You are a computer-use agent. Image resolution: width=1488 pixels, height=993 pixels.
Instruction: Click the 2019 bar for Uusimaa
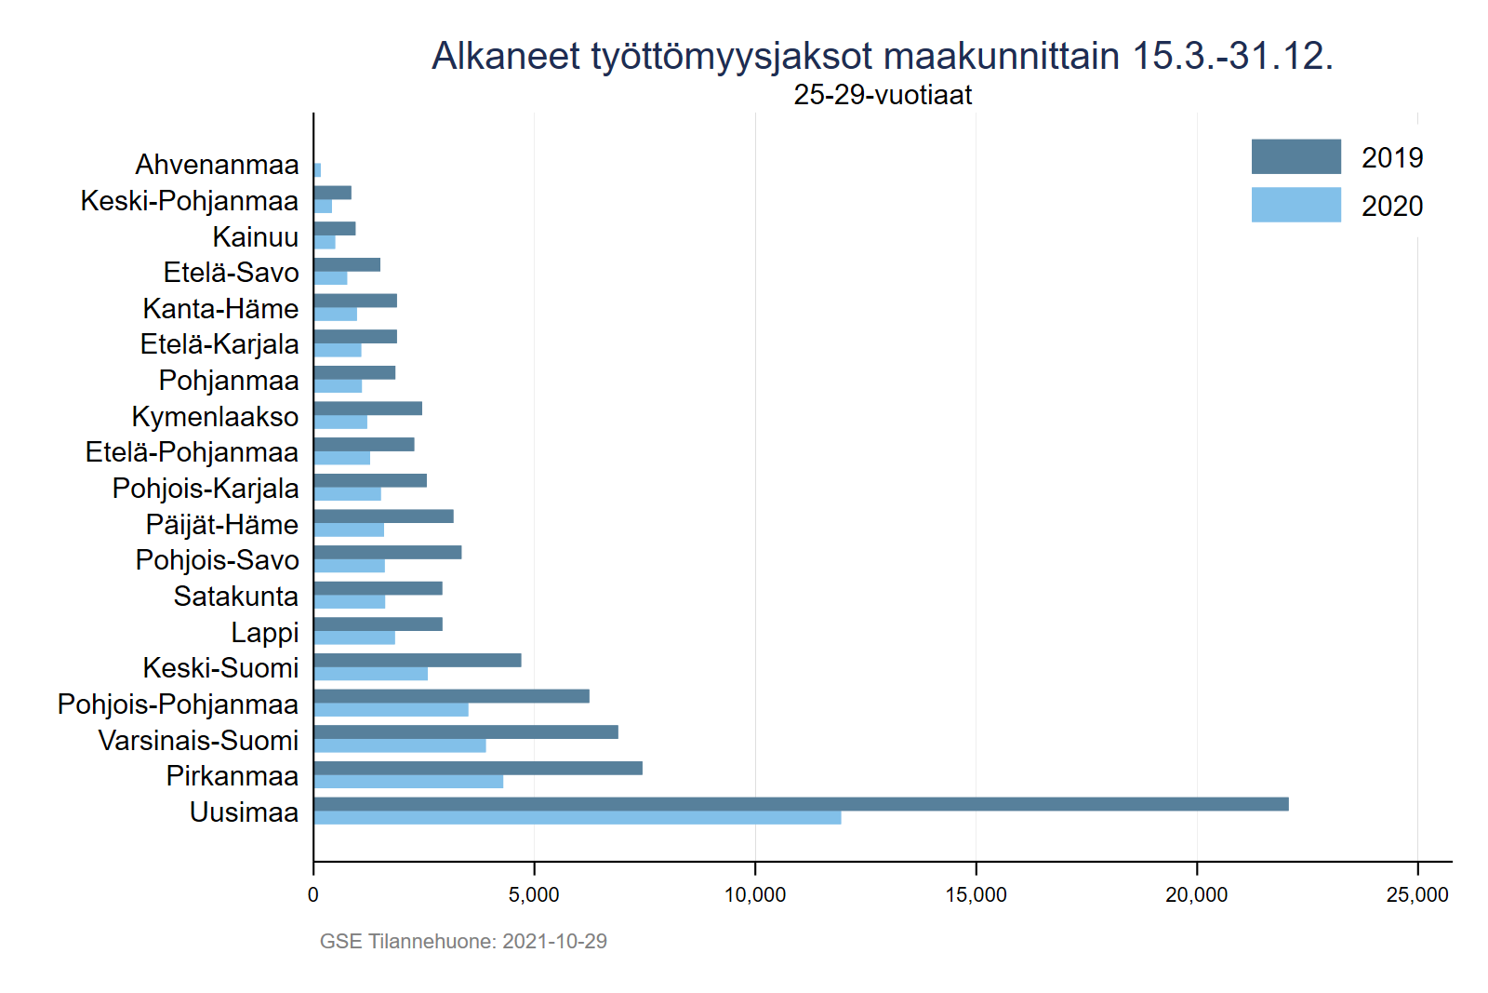coord(801,804)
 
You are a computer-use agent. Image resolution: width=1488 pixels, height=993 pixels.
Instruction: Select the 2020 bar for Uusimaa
coord(578,818)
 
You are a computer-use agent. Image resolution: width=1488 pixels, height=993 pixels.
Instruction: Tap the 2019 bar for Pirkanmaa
coord(478,768)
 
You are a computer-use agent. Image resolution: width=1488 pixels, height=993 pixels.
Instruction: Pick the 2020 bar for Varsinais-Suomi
coord(400,745)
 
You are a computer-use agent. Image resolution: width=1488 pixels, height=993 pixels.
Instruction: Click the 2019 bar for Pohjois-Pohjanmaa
coord(452,696)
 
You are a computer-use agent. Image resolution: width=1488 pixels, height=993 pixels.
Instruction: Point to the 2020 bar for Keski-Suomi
coord(371,674)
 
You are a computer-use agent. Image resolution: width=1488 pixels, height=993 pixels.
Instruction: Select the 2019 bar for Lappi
coord(379,624)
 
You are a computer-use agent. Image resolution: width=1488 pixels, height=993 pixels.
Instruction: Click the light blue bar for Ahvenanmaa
coord(318,170)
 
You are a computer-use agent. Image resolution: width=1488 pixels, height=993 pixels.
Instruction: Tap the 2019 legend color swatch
coord(1295,156)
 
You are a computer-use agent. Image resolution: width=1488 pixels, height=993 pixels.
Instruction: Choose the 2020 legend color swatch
coord(1295,205)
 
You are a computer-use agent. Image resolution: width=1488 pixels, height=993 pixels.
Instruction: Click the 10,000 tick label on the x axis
coord(755,895)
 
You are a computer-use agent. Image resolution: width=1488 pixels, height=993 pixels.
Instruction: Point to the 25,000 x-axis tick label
coord(1416,895)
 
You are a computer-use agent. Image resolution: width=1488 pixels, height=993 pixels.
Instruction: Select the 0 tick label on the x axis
coord(313,895)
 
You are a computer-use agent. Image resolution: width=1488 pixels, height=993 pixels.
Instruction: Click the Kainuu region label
coord(256,237)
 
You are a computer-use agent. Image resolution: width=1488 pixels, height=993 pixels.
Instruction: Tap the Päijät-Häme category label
coord(222,525)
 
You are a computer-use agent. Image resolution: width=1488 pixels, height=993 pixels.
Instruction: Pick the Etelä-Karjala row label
coord(219,344)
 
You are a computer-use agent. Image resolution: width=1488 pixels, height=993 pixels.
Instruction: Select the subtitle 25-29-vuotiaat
coord(883,95)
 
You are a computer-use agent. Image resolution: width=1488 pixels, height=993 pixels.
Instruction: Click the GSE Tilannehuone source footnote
coord(463,942)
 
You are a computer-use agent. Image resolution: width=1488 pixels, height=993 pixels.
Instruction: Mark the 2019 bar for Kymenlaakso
coord(368,409)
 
